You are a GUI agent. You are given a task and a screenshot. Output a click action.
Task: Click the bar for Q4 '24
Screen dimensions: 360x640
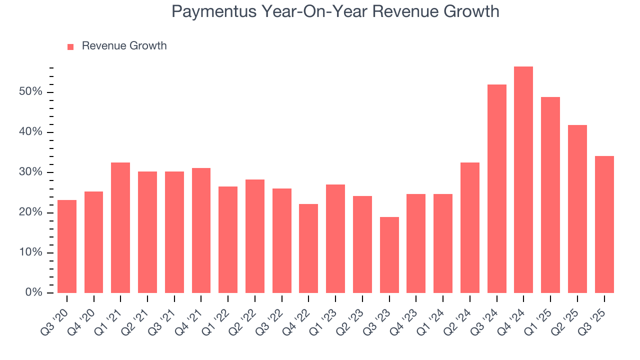point(523,180)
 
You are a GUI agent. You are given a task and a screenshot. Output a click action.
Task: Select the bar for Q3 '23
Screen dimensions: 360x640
point(389,255)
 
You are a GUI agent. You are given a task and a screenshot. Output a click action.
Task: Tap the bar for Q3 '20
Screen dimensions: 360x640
point(67,246)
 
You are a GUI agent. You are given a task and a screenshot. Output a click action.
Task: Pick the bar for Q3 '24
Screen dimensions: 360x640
point(496,189)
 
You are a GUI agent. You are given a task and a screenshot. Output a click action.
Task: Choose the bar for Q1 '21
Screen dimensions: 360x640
point(120,228)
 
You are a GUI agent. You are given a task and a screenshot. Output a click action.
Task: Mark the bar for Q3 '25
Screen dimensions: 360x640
point(604,224)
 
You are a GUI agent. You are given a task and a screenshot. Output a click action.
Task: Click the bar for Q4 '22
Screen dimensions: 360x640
point(308,248)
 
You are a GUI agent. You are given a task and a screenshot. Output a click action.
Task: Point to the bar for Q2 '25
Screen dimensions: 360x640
point(577,209)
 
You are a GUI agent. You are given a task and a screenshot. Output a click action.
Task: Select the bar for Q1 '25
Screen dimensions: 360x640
point(550,195)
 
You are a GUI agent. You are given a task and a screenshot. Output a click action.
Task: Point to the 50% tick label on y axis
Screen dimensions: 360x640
point(30,92)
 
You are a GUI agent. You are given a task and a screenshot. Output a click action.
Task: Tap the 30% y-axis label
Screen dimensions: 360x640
point(30,172)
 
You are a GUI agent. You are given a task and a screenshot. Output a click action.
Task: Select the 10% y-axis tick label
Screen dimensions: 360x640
point(30,252)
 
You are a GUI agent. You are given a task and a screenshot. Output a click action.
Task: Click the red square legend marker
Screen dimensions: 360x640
point(70,46)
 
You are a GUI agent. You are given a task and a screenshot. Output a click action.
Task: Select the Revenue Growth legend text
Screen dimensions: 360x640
point(124,46)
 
